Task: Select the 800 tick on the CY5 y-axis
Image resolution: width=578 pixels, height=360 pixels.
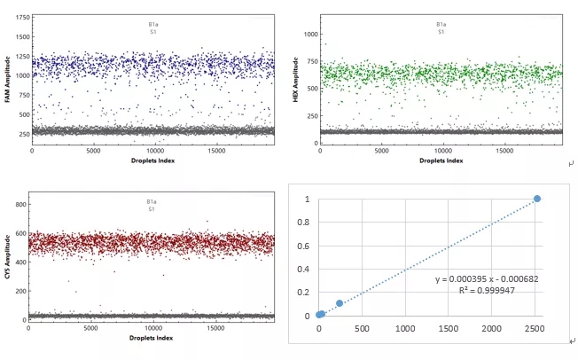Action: pos(20,205)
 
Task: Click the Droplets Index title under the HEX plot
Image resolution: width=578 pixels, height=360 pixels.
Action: pos(441,161)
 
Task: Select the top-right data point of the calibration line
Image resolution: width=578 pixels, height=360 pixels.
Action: pos(537,199)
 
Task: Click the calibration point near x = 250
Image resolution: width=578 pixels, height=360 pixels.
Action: pos(340,303)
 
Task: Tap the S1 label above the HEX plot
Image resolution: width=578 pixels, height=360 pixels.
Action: pos(441,32)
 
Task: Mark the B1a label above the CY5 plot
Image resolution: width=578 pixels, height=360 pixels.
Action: pos(152,202)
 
